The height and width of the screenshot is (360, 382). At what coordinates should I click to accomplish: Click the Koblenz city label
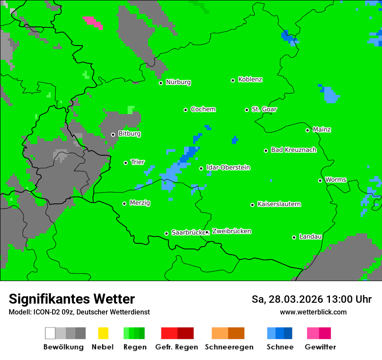[250, 80]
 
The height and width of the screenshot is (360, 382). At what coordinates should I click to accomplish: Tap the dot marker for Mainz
[307, 130]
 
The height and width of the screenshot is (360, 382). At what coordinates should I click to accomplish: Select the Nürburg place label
[178, 82]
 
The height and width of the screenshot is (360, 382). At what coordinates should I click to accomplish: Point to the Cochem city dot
[185, 110]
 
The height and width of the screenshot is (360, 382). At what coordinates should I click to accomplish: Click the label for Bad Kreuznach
[293, 150]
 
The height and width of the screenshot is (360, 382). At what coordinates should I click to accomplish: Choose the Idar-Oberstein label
[228, 168]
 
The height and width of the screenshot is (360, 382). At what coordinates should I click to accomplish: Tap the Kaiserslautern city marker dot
[252, 205]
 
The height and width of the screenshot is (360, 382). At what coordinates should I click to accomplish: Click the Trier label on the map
[138, 162]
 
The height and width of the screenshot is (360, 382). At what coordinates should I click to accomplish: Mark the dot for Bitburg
[113, 134]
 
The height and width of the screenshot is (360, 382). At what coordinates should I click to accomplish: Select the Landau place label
[310, 237]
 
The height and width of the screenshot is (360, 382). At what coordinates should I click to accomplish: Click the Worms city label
[336, 180]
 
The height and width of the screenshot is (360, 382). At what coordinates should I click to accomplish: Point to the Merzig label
[140, 203]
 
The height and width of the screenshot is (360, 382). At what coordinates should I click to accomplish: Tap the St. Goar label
[264, 109]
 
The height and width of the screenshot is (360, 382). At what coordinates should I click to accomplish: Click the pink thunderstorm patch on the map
[93, 22]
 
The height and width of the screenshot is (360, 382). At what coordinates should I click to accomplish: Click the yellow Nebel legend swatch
[103, 333]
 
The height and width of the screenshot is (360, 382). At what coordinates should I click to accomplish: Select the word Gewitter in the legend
[320, 347]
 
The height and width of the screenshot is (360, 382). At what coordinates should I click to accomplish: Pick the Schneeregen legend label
[229, 347]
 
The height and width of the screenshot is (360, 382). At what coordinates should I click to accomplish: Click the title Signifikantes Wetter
[72, 299]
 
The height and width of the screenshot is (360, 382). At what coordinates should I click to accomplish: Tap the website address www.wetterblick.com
[313, 312]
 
